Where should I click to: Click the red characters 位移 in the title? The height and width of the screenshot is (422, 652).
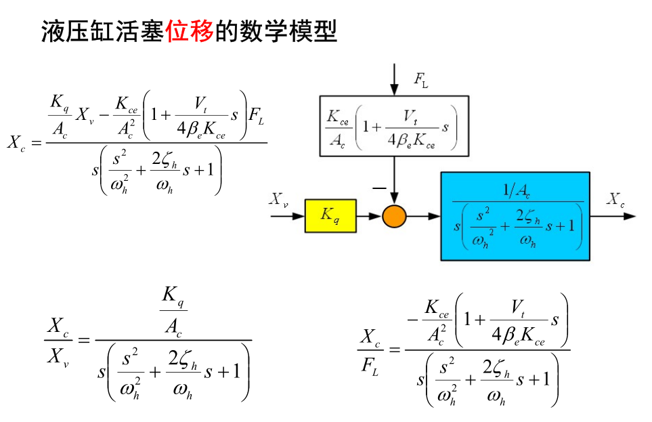tap(190, 30)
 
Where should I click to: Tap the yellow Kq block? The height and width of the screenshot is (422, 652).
tap(330, 216)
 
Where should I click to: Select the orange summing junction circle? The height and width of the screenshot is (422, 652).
tap(393, 216)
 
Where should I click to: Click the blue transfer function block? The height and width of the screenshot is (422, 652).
tap(515, 216)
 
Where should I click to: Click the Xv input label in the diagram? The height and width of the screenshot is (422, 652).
tap(278, 199)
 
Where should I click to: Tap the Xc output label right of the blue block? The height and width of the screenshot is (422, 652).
tap(615, 199)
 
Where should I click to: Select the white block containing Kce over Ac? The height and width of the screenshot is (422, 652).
tap(394, 123)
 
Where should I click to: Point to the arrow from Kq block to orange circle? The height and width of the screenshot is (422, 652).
tap(368, 216)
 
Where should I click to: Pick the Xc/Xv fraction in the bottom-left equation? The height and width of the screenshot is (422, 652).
tap(58, 341)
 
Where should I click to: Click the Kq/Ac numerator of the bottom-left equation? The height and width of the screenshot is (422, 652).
tap(173, 310)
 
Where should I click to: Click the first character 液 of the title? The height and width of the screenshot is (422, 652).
tap(53, 30)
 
